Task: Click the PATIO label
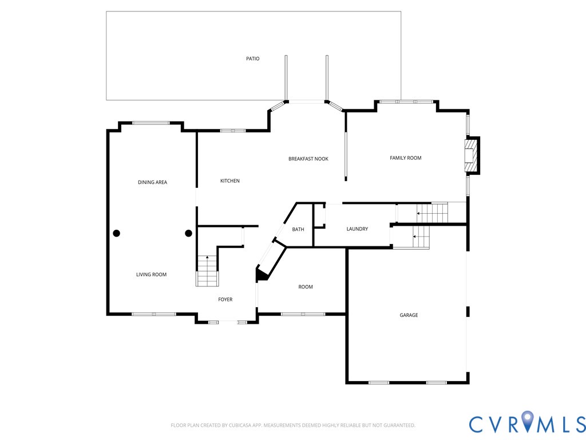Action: [252, 59]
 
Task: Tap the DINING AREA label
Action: [152, 182]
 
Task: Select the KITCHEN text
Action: [230, 180]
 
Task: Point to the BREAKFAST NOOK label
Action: [308, 159]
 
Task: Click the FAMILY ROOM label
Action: [406, 158]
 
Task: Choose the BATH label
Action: [298, 229]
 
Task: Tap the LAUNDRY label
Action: [357, 229]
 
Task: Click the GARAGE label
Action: [409, 315]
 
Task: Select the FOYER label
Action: [225, 299]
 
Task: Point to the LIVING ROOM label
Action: [151, 274]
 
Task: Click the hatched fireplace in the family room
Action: [472, 155]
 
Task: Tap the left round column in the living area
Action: [117, 233]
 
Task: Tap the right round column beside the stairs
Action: [189, 233]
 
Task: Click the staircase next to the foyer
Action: [207, 271]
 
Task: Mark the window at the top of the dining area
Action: [151, 123]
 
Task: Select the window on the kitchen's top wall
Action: [232, 131]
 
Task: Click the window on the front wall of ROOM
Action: [303, 314]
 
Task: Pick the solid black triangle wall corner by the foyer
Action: [261, 274]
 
